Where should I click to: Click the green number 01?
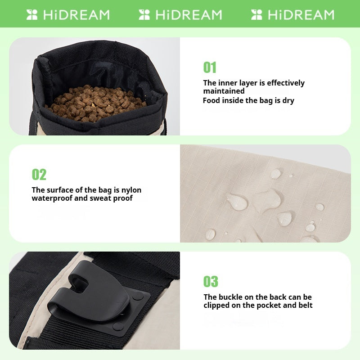210,67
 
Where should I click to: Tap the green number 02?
39,175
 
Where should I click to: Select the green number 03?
211,282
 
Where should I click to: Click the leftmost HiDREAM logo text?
76,15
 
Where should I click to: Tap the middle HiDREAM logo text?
189,15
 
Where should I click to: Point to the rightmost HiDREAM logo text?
301,15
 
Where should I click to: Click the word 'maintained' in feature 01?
224,91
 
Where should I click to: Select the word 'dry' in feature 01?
288,100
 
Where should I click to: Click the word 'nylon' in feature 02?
130,190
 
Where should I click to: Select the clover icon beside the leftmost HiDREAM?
32,15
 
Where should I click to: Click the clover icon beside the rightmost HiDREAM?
257,15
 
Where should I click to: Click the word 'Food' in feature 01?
211,100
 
